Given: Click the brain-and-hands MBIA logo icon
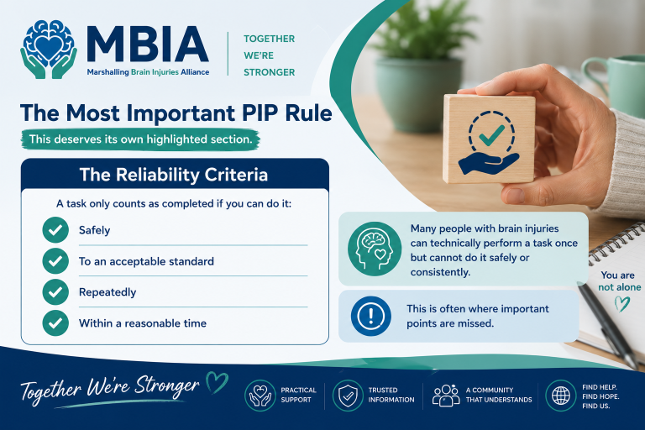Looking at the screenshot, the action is point(49,50).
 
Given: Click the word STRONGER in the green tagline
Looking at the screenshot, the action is point(269,72).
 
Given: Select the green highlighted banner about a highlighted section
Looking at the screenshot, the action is point(141,139).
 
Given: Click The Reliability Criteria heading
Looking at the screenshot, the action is point(174,175).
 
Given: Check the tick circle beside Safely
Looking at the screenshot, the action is point(55,230).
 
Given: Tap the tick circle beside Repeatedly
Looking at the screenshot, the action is point(55,291).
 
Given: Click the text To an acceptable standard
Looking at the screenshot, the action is point(146,261).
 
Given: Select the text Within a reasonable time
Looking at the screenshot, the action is point(142,323).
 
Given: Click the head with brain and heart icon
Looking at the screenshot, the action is point(375,249).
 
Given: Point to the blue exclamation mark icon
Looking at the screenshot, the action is point(370,316).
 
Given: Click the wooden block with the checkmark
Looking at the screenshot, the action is point(489,139).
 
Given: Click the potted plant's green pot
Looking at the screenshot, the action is point(419,94).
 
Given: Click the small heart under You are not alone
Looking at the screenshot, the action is point(622,304).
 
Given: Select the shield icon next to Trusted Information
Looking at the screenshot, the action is point(348,396).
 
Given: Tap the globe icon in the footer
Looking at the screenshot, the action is point(561,396).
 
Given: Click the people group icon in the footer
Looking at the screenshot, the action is point(446,396).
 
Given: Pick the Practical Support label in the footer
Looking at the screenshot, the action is point(298,395).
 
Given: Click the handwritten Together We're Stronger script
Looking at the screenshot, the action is point(110,388).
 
